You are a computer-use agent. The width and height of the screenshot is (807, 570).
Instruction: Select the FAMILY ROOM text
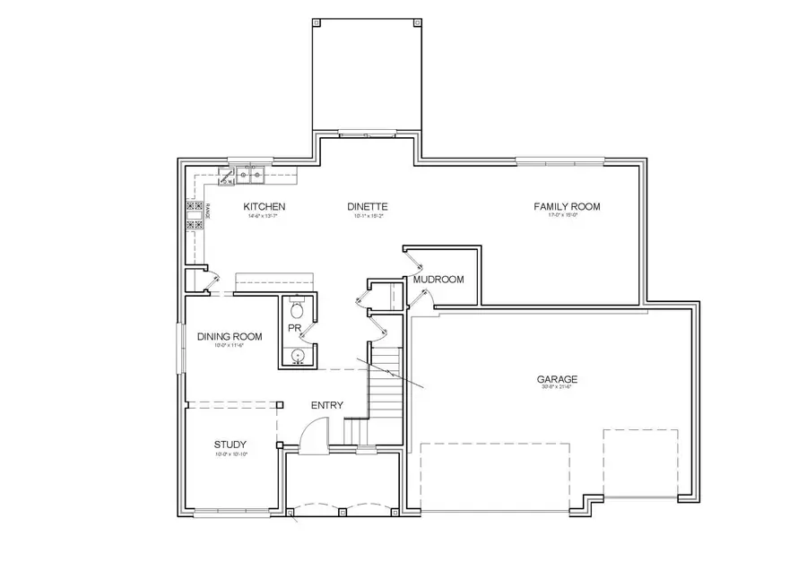coord(567,206)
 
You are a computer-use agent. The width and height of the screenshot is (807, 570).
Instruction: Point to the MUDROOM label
coord(438,280)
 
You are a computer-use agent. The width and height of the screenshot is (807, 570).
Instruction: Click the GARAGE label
coord(557,378)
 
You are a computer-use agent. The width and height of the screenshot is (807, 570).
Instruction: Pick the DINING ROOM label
coord(230,336)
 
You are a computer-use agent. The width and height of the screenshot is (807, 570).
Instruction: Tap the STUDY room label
coord(230,445)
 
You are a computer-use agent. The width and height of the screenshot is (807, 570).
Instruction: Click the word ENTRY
coord(327,406)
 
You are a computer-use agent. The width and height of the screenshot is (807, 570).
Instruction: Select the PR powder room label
coord(292,329)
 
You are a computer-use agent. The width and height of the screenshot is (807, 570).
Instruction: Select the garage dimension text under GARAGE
coord(557,387)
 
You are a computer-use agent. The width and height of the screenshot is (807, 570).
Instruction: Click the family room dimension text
coord(567,216)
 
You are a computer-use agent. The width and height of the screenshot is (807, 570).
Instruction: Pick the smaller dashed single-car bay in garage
coord(640,463)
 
